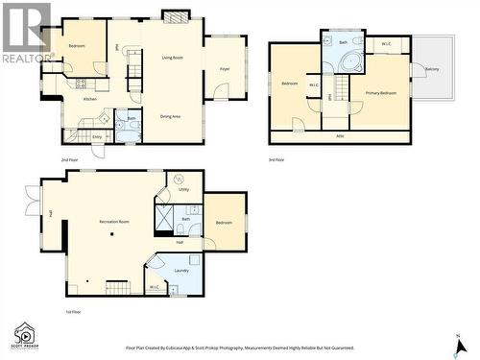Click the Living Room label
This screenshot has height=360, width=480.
(x=172, y=58)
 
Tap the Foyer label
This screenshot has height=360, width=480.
(x=225, y=69)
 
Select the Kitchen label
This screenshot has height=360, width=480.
(x=89, y=99)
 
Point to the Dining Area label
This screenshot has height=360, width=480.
(x=171, y=116)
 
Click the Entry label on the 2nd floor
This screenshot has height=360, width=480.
(x=97, y=137)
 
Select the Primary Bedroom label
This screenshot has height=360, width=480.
(x=381, y=92)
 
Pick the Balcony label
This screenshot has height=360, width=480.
(x=432, y=69)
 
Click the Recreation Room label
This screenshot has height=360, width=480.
(x=114, y=222)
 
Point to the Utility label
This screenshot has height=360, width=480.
(x=183, y=190)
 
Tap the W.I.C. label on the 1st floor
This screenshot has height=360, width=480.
(x=154, y=287)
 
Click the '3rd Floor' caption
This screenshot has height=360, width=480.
(x=278, y=158)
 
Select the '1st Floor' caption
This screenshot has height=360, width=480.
(x=70, y=312)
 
